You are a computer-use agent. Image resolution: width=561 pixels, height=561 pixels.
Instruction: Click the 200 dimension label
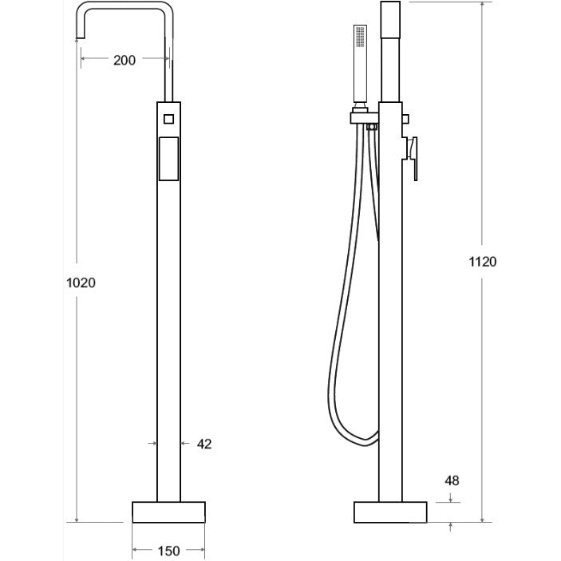click(124, 60)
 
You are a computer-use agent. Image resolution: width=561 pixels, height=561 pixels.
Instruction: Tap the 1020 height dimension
click(81, 283)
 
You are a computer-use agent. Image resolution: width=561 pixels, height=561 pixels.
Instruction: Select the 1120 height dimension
click(483, 262)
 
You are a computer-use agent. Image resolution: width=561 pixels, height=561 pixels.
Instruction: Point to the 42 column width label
click(204, 444)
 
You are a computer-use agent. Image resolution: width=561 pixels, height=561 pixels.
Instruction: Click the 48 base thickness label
click(452, 480)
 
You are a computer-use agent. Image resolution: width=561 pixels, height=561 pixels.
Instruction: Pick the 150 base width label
click(168, 551)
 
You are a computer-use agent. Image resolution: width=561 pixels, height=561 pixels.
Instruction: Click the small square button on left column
click(169, 119)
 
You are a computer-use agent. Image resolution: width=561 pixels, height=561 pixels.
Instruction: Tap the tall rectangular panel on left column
click(168, 159)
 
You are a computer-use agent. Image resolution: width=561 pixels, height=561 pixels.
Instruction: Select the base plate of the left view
click(168, 512)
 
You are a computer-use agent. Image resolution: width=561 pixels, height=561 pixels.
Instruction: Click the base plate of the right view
click(390, 512)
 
